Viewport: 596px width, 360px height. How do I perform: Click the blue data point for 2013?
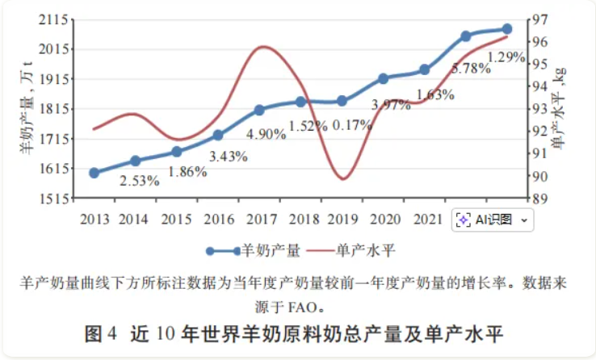point(94,173)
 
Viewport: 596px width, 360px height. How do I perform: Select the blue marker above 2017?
point(259,110)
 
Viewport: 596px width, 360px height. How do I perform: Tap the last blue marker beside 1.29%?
point(507,29)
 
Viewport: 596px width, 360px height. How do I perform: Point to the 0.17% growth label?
point(352,125)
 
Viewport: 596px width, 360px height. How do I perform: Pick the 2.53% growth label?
point(139,181)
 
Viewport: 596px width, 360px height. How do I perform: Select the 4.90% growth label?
point(266,134)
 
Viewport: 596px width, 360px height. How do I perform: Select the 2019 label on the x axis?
point(342,220)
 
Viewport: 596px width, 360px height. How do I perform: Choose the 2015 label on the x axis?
point(176,220)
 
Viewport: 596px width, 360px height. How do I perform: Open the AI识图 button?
point(493,220)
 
